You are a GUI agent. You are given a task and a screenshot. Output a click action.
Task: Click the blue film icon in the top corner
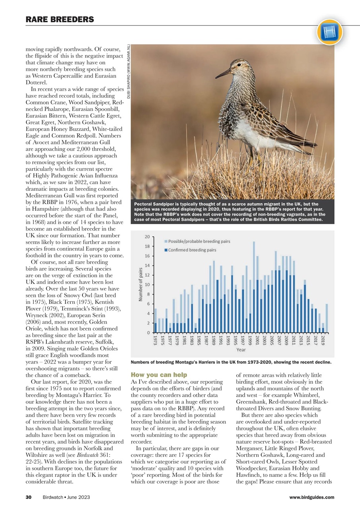point(330,32)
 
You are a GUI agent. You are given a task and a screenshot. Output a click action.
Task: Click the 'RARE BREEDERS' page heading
point(60,19)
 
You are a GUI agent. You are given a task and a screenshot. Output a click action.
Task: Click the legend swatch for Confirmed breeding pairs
point(166,250)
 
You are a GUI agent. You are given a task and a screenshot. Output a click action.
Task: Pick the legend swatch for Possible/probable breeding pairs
point(166,241)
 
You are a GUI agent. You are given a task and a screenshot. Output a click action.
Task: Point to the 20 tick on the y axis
point(147,237)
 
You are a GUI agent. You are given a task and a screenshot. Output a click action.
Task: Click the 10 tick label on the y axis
point(147,285)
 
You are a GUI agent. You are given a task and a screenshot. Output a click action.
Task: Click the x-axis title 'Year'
point(241,350)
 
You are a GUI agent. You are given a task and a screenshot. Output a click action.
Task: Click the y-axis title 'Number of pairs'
point(140,284)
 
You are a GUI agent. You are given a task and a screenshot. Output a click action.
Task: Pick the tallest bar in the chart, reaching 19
point(254,287)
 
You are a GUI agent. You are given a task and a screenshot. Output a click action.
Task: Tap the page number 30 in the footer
point(29,497)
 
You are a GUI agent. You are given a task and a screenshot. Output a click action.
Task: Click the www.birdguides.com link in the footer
point(312,497)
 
